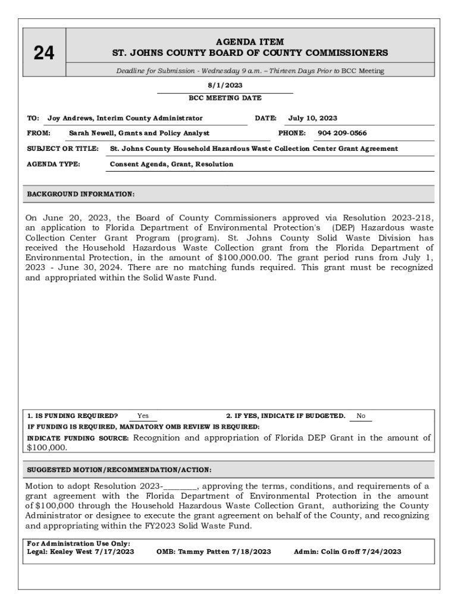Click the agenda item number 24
43,53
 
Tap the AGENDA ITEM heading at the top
250,42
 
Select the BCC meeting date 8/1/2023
225,85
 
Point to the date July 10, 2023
313,118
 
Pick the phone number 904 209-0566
342,133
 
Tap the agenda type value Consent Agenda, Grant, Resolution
172,164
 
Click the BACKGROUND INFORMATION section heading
81,194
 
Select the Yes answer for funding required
143,416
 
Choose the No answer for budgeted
360,416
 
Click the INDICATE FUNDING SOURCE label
78,438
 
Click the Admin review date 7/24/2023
382,552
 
